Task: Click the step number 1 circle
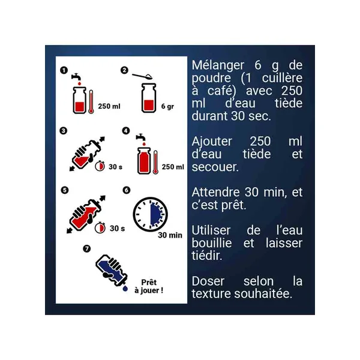pyautogui.click(x=64, y=70)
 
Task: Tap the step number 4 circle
pyautogui.click(x=126, y=131)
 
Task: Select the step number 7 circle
pyautogui.click(x=87, y=248)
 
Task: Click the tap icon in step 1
pyautogui.click(x=76, y=77)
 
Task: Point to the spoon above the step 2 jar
pyautogui.click(x=142, y=76)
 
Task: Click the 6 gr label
pyautogui.click(x=167, y=107)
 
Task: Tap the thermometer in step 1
pyautogui.click(x=91, y=101)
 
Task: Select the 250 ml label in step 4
pyautogui.click(x=173, y=167)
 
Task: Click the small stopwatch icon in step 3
pyautogui.click(x=100, y=166)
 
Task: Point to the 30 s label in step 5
pyautogui.click(x=117, y=229)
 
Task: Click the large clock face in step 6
pyautogui.click(x=151, y=214)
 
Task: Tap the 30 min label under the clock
pyautogui.click(x=170, y=235)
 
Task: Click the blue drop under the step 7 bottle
pyautogui.click(x=125, y=289)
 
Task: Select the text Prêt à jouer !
pyautogui.click(x=149, y=286)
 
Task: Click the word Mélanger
pyautogui.click(x=218, y=65)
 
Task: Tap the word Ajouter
pyautogui.click(x=212, y=142)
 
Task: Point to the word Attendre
pyautogui.click(x=215, y=192)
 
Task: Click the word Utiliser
pyautogui.click(x=211, y=230)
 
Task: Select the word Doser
pyautogui.click(x=208, y=281)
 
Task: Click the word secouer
pyautogui.click(x=215, y=167)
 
